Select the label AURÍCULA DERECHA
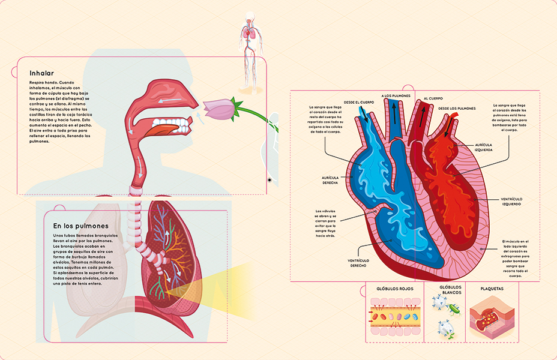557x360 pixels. point(330,180)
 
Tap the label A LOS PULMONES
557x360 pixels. point(396,95)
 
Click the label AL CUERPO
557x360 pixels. point(433,98)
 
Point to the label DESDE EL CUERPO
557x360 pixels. point(359,102)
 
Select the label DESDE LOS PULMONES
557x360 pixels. point(457,109)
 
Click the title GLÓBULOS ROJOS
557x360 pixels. point(395,289)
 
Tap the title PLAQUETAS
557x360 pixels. point(492,289)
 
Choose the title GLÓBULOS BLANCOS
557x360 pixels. point(450,290)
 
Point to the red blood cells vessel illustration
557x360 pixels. point(394,318)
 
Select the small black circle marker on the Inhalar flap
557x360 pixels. point(269,179)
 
